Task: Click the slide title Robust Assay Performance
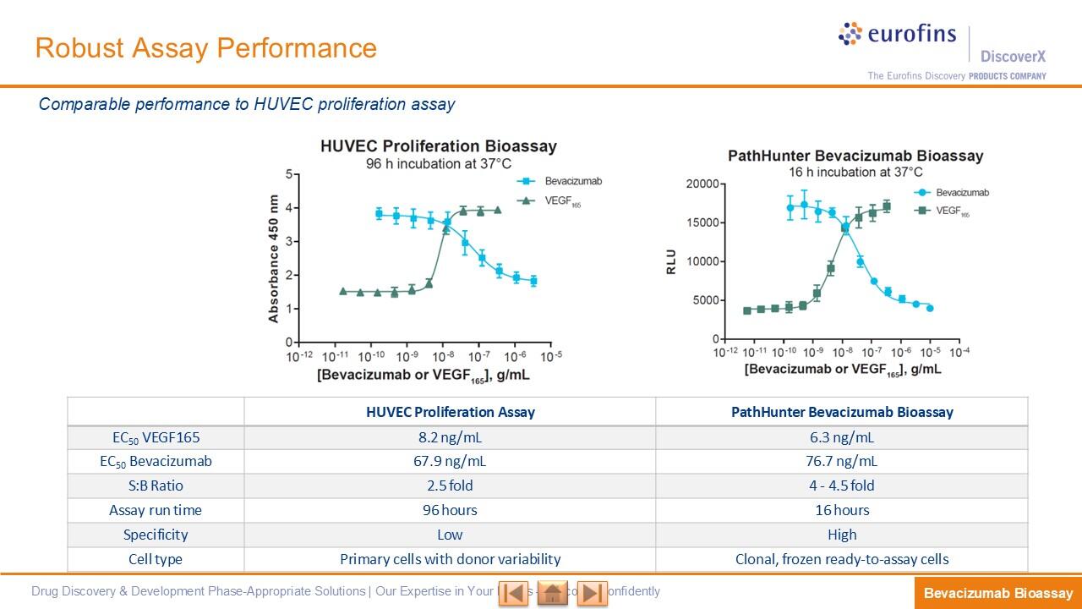205,48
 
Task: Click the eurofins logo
897,35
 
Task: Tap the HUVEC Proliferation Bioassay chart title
438,146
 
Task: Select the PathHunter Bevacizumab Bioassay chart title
855,156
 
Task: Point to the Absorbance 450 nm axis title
273,259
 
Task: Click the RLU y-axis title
671,261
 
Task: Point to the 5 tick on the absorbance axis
289,174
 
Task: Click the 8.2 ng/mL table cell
450,437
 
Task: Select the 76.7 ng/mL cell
842,462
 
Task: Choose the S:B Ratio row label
156,486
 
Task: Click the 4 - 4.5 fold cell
842,486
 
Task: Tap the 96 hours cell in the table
450,511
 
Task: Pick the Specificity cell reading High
842,535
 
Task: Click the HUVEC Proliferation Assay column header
450,413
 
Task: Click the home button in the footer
552,593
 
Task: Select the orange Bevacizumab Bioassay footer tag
997,594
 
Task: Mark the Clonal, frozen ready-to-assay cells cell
842,560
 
